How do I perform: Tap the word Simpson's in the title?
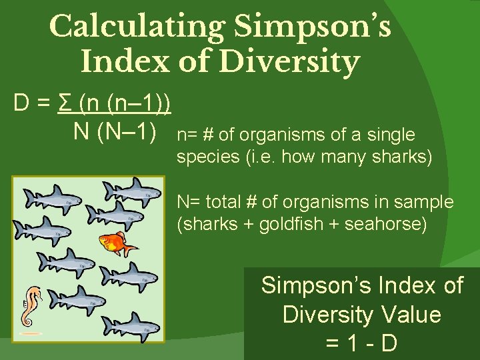point(312,27)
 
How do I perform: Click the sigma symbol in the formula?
point(65,104)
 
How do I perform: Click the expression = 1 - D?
point(362,343)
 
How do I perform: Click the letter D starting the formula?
point(21,104)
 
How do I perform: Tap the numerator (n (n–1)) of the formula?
point(125,104)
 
